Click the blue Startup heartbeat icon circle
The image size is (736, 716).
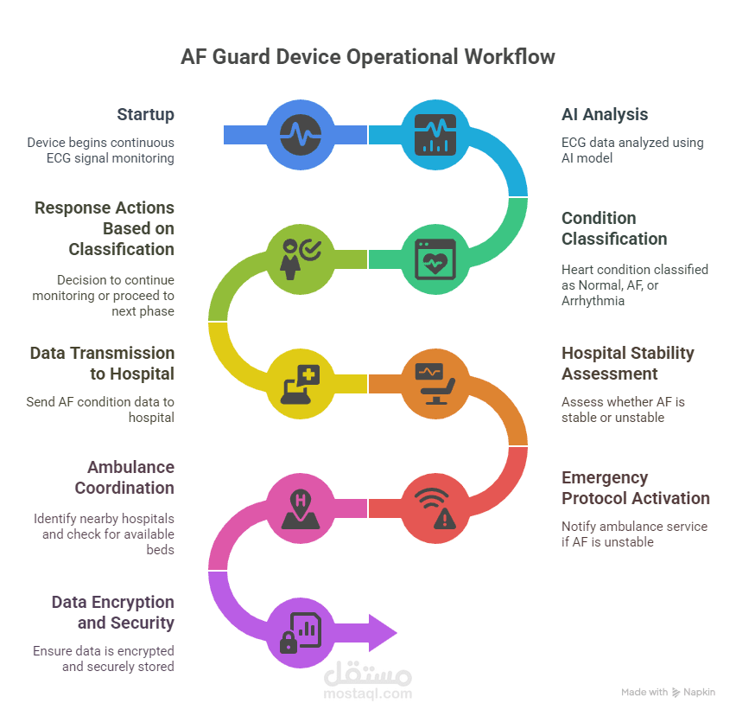pyautogui.click(x=301, y=135)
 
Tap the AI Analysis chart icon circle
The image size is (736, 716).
pyautogui.click(x=435, y=135)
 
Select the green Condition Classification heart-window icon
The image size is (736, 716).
pyautogui.click(x=435, y=259)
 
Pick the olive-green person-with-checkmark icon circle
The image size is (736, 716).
pyautogui.click(x=301, y=259)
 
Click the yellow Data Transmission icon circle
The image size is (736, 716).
pyautogui.click(x=301, y=384)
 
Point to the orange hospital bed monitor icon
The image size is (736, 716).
pyautogui.click(x=435, y=384)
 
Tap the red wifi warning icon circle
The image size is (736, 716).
pyautogui.click(x=435, y=508)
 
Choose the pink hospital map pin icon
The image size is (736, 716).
pyautogui.click(x=301, y=509)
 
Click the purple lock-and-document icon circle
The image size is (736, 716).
pyautogui.click(x=301, y=633)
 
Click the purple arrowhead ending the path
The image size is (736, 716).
pyautogui.click(x=383, y=633)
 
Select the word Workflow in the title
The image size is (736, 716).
pyautogui.click(x=510, y=57)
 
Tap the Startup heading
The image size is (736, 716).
pyautogui.click(x=145, y=115)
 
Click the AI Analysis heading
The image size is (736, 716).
pyautogui.click(x=605, y=114)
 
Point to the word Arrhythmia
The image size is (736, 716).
pyautogui.click(x=593, y=301)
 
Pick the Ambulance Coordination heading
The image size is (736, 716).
pyautogui.click(x=124, y=477)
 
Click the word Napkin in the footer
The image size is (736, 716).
pyautogui.click(x=700, y=692)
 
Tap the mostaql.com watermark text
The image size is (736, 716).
pyautogui.click(x=367, y=694)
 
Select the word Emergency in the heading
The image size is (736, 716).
pyautogui.click(x=605, y=478)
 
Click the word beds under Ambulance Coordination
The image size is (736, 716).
pyautogui.click(x=160, y=550)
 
